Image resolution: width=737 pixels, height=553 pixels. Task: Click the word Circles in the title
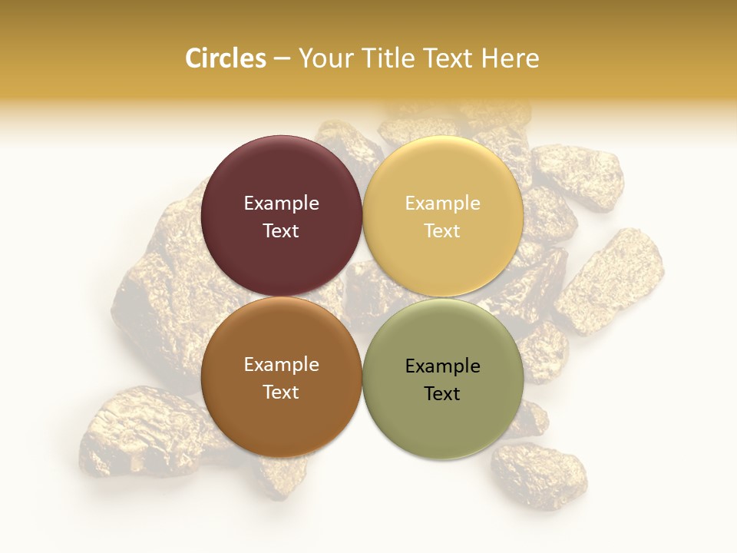pos(225,58)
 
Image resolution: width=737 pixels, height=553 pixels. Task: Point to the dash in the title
pos(282,59)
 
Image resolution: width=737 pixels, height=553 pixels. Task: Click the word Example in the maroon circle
pos(281,204)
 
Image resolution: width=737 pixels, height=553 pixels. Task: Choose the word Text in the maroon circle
pos(281,231)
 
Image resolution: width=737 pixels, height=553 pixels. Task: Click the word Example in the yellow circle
pos(443,204)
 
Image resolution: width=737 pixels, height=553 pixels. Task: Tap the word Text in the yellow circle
pos(443,231)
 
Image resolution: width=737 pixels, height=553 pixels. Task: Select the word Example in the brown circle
pos(281,365)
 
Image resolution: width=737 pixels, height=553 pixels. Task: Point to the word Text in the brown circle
pos(281,392)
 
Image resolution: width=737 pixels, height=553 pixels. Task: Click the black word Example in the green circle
pos(443,366)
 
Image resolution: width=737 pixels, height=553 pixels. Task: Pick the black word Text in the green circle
pos(443,394)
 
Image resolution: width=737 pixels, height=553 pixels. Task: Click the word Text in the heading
pos(451,58)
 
